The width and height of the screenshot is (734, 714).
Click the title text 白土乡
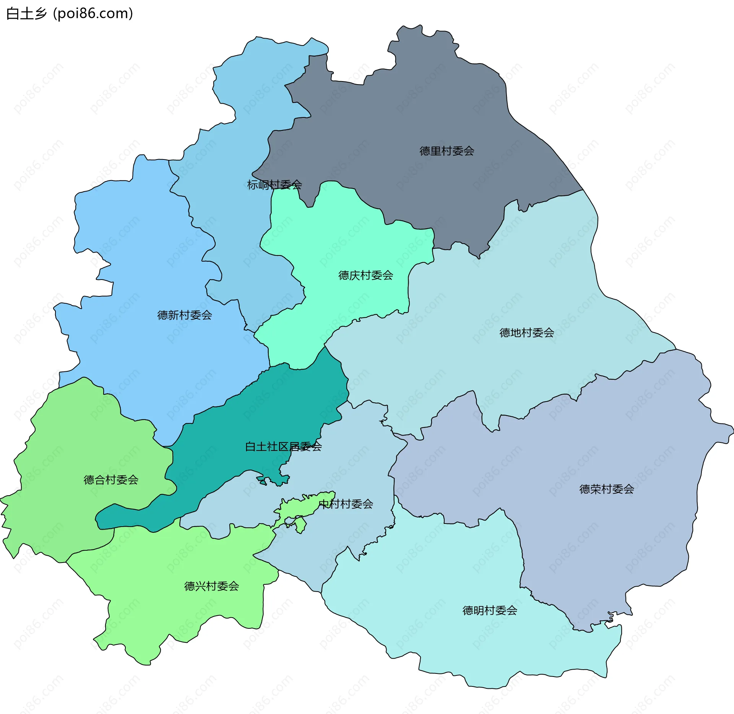26,14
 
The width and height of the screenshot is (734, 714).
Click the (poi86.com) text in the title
93,14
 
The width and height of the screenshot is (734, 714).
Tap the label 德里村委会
447,151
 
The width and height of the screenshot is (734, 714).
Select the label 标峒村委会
274,185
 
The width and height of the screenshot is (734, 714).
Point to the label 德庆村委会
365,275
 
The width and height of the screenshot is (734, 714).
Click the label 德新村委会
184,315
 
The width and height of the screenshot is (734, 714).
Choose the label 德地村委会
526,333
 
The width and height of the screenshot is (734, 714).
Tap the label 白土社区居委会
283,446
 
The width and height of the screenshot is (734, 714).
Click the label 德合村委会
111,480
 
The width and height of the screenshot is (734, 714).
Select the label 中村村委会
346,504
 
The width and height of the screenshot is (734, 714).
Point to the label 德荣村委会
606,489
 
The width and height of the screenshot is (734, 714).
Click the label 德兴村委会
211,586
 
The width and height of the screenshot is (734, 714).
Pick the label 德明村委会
489,610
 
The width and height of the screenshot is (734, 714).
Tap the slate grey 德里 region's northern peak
421,42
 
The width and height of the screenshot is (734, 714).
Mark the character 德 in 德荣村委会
585,489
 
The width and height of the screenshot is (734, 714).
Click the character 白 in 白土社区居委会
250,446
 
